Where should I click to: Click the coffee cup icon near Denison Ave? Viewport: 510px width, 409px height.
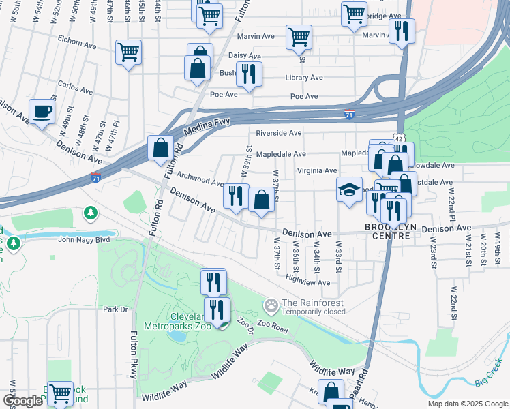(42, 110)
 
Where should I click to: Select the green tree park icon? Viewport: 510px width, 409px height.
(90, 214)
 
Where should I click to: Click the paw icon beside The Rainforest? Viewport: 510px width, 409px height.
(271, 303)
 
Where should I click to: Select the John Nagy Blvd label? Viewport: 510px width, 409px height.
(84, 239)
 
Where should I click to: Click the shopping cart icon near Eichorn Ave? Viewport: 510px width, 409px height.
(128, 51)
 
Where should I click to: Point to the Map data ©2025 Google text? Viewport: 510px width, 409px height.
(467, 403)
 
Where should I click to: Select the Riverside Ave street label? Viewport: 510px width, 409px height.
(278, 133)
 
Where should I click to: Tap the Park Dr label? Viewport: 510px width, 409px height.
(115, 309)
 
